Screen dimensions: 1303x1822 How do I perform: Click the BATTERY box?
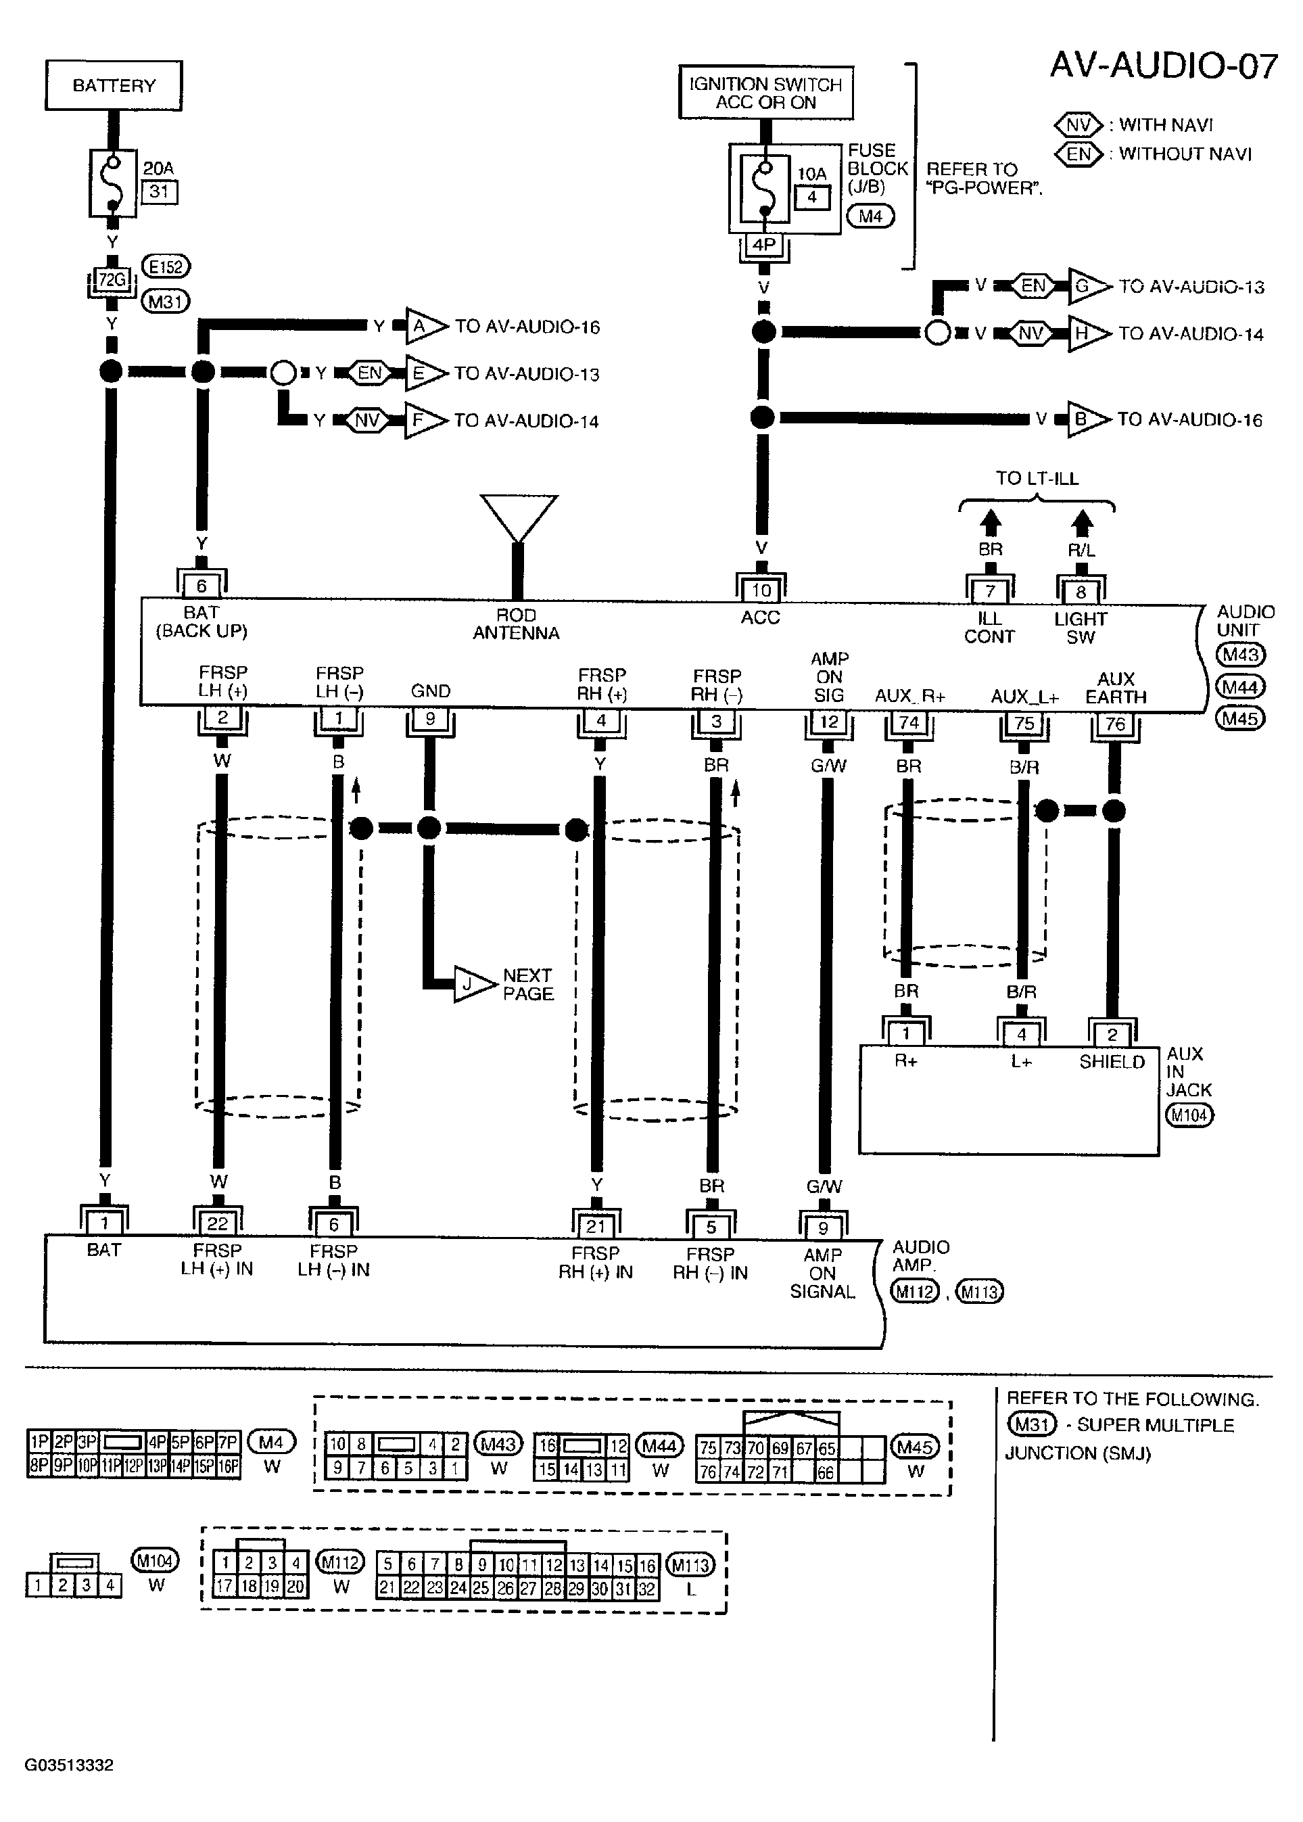coord(114,85)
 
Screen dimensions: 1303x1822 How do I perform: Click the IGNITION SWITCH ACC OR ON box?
coord(765,92)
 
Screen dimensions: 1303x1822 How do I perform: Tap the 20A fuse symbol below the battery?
coord(113,183)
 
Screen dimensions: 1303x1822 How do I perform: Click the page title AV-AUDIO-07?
coord(1164,65)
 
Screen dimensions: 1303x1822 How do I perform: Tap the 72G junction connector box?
coord(112,280)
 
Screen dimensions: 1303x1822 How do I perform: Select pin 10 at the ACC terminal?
coord(761,590)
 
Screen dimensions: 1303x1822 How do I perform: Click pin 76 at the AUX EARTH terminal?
coord(1115,724)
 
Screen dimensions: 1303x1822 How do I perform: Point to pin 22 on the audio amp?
coord(218,1223)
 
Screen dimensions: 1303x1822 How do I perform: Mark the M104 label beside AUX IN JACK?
coord(1189,1115)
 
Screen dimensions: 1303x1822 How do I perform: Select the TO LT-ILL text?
coord(1037,478)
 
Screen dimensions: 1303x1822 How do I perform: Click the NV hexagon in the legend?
coord(1079,125)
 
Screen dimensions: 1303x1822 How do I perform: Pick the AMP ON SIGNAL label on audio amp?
coord(822,1274)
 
